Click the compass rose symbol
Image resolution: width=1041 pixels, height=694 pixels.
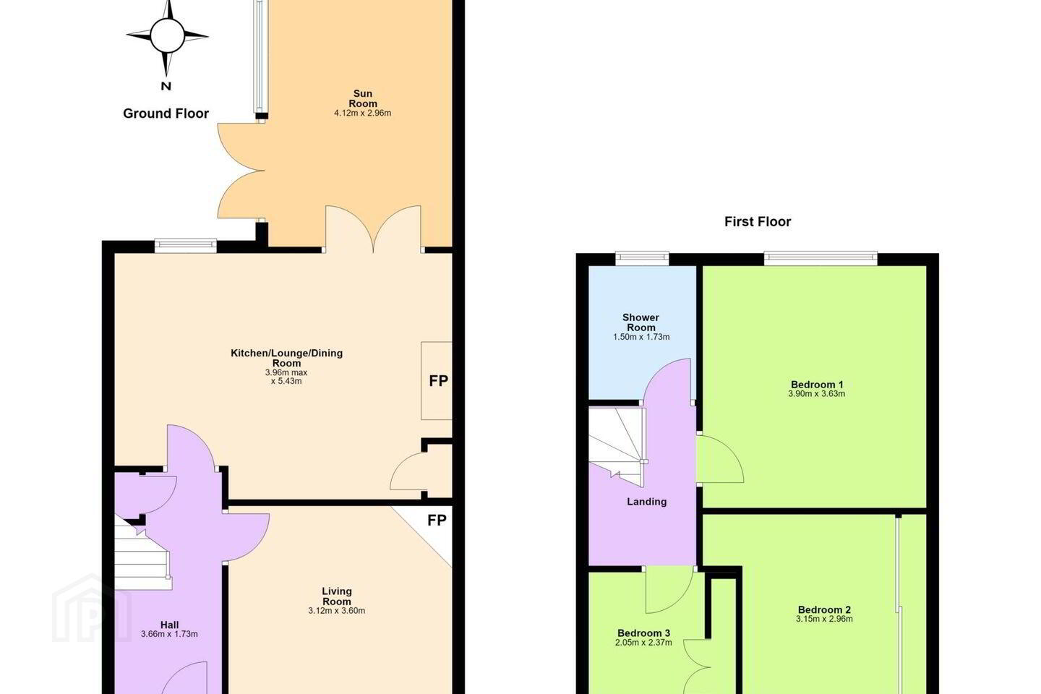(167, 37)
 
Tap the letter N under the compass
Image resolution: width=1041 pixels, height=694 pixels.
(166, 86)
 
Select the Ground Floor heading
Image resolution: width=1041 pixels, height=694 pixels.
(166, 113)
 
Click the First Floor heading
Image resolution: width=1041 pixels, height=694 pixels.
(758, 222)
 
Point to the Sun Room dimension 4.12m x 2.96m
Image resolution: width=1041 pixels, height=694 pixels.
(362, 113)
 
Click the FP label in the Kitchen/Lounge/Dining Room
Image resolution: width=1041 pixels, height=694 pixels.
(438, 381)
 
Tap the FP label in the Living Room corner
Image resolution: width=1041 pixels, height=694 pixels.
(437, 520)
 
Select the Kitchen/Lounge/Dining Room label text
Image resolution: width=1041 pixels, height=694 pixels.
(287, 358)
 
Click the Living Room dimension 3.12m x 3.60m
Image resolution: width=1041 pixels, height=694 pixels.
(336, 611)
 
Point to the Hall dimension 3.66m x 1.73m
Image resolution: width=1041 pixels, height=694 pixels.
(169, 634)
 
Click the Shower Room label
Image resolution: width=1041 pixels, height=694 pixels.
(641, 322)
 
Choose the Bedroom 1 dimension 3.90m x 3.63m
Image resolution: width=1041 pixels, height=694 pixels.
(817, 394)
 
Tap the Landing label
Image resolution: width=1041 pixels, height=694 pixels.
(646, 502)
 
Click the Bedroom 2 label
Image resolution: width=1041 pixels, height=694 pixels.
(824, 609)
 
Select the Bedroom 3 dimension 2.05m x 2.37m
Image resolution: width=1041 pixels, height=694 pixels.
(643, 643)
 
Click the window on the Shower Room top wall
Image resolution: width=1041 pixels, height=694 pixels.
(642, 259)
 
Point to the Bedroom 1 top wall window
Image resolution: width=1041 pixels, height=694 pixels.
(821, 259)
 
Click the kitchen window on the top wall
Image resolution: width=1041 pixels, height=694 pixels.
(185, 246)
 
